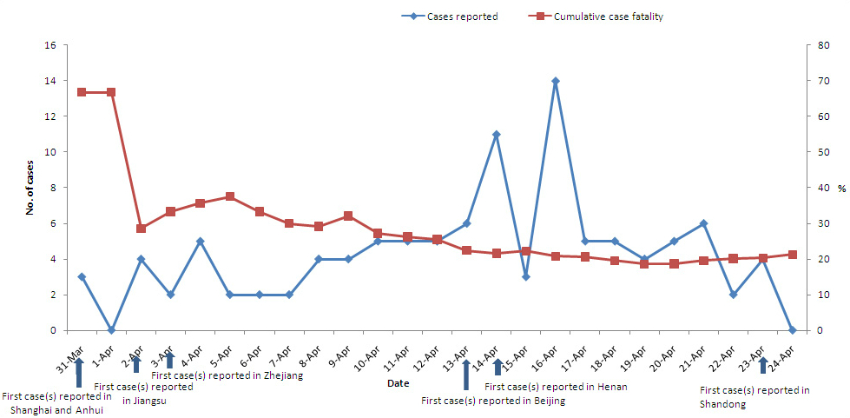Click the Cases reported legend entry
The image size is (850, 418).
pyautogui.click(x=461, y=17)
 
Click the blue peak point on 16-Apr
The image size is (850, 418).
pyautogui.click(x=556, y=81)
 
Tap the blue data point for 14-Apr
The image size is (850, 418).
pyautogui.click(x=496, y=135)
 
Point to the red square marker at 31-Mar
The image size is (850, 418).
pyautogui.click(x=82, y=92)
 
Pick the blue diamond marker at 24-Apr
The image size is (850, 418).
pyautogui.click(x=793, y=330)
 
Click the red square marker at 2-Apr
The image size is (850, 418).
pyautogui.click(x=141, y=229)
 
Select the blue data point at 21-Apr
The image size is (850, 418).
pyautogui.click(x=703, y=223)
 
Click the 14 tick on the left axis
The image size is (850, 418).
pyautogui.click(x=49, y=81)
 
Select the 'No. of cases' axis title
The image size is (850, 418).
pyautogui.click(x=29, y=188)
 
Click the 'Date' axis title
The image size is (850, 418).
pyautogui.click(x=399, y=382)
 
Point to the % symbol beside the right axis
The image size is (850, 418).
pyautogui.click(x=840, y=188)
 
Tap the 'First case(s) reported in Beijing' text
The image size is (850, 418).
pyautogui.click(x=493, y=401)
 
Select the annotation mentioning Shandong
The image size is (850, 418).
pyautogui.click(x=754, y=397)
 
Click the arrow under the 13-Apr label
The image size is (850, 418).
pyautogui.click(x=466, y=375)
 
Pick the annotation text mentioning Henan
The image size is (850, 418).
pyautogui.click(x=556, y=387)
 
